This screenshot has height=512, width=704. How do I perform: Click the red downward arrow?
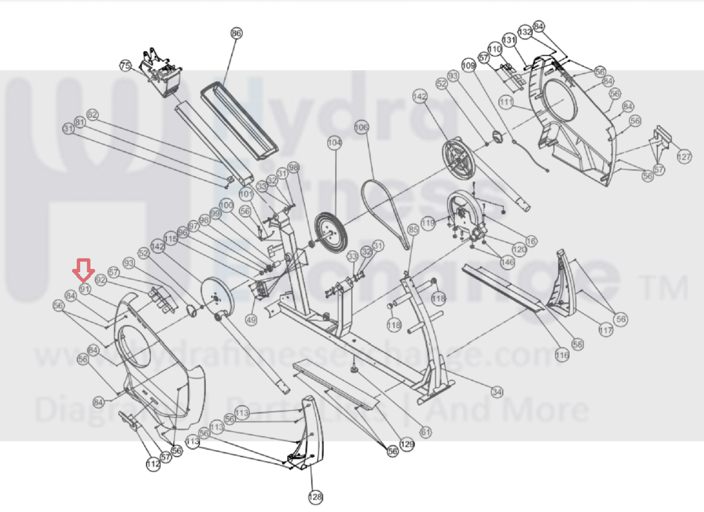pyautogui.click(x=83, y=270)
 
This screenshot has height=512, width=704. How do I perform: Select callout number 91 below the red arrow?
pyautogui.click(x=84, y=289)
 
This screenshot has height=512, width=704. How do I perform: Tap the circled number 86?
pyautogui.click(x=236, y=33)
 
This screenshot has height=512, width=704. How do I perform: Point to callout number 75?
pyautogui.click(x=125, y=66)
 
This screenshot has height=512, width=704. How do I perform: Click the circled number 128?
pyautogui.click(x=315, y=497)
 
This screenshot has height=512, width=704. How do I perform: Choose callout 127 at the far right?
pyautogui.click(x=684, y=157)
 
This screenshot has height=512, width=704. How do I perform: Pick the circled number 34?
pyautogui.click(x=497, y=392)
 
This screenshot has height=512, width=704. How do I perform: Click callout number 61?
pyautogui.click(x=425, y=432)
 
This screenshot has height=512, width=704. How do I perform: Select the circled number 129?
pyautogui.click(x=407, y=444)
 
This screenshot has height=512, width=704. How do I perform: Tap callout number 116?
pyautogui.click(x=562, y=355)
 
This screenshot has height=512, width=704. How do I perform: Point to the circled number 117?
pyautogui.click(x=606, y=331)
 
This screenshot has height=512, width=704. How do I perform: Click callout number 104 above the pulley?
pyautogui.click(x=335, y=143)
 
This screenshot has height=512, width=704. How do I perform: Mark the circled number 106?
pyautogui.click(x=362, y=127)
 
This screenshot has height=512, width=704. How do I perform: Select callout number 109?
pyautogui.click(x=469, y=65)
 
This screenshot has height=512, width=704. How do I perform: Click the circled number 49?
pyautogui.click(x=251, y=320)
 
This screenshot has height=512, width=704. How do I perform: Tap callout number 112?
pyautogui.click(x=153, y=464)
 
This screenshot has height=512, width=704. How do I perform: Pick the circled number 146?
pyautogui.click(x=507, y=262)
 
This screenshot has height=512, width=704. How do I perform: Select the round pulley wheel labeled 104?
pyautogui.click(x=331, y=233)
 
